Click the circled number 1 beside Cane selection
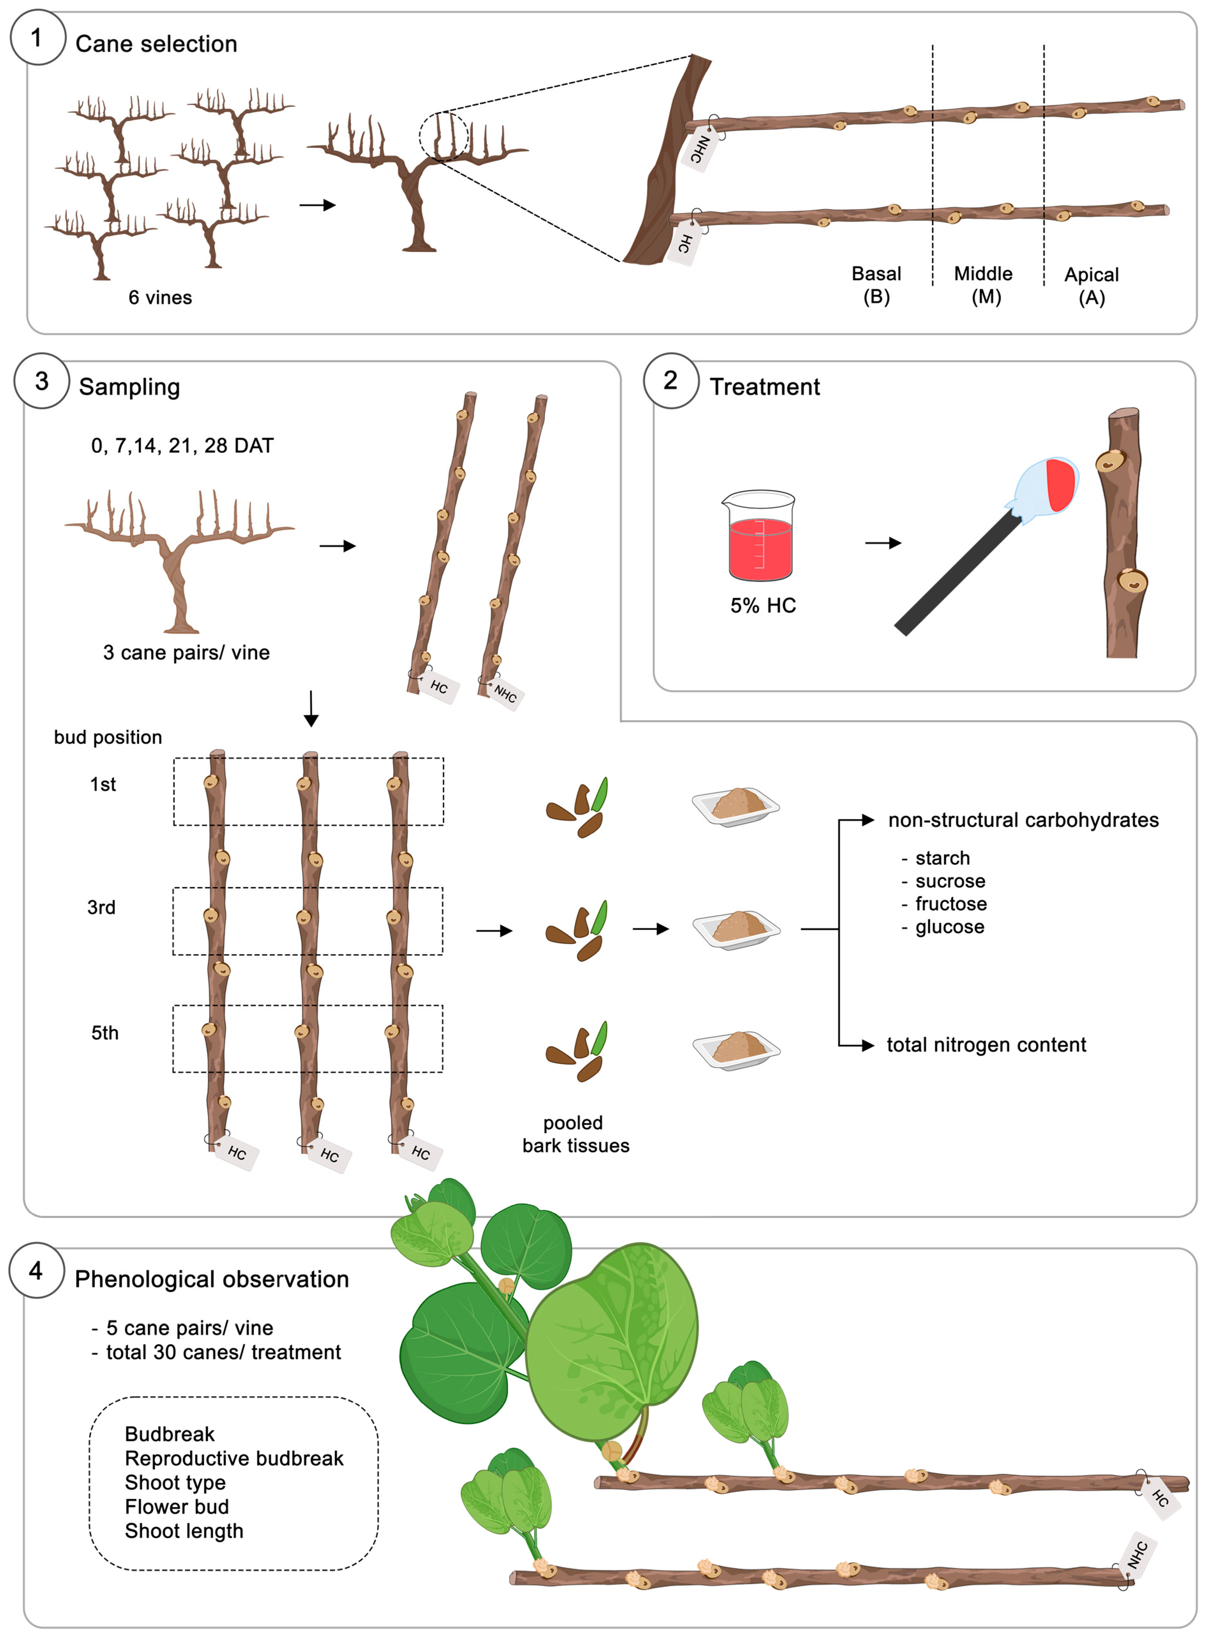pos(37,37)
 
